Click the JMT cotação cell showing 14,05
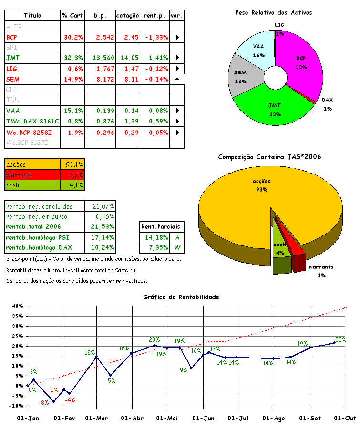(128, 58)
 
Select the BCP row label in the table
(12, 37)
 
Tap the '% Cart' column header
(72, 16)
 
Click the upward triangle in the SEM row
(177, 79)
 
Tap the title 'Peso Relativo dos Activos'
(274, 12)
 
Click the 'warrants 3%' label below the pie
(320, 271)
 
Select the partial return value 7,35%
(153, 247)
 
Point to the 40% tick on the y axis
(18, 306)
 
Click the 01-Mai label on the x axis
(167, 418)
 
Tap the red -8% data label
(44, 403)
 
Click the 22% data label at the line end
(340, 339)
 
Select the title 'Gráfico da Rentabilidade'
(181, 297)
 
